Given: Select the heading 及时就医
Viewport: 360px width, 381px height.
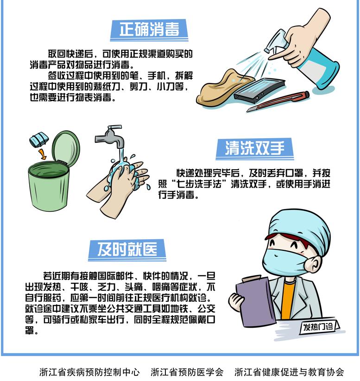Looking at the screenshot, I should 127,249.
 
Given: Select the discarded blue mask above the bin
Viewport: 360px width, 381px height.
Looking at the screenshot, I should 39,140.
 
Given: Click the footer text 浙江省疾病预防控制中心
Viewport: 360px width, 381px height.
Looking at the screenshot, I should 89,372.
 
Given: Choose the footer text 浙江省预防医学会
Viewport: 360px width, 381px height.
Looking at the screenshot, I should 187,372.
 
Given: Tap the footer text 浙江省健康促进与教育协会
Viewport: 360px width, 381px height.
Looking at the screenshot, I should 289,372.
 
